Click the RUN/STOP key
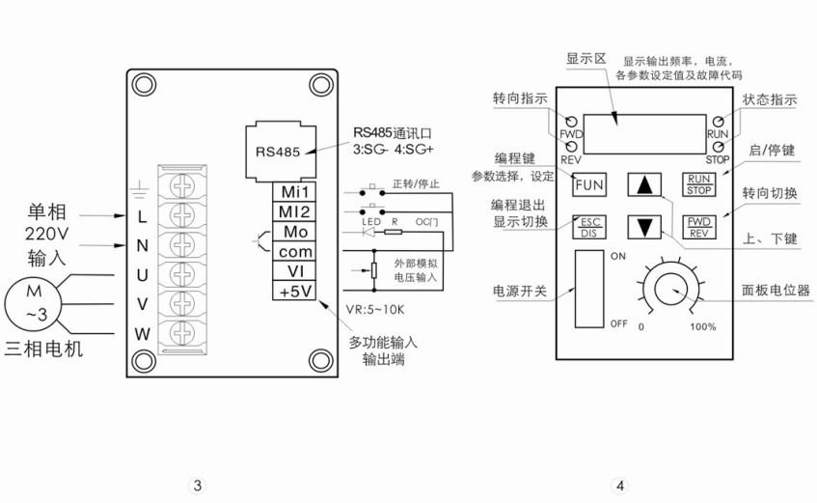pyautogui.click(x=697, y=182)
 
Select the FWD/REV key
pyautogui.click(x=697, y=227)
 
